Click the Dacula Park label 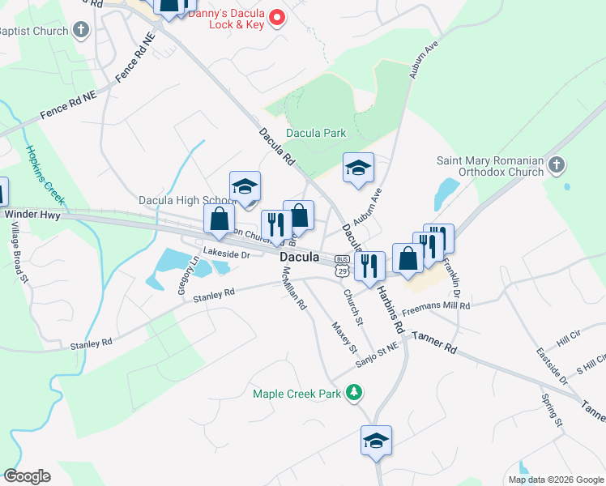316,133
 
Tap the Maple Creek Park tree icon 353,393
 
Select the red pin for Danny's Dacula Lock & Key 277,16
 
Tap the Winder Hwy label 28,215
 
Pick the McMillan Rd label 292,291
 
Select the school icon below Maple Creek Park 376,440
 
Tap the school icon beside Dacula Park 358,167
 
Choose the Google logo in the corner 27,476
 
